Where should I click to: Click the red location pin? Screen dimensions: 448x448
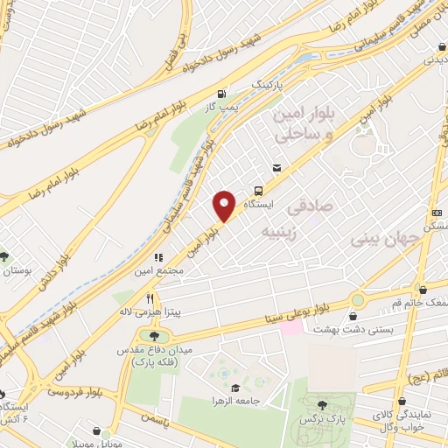tap(225, 205)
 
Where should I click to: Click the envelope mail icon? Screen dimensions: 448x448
tap(277, 168)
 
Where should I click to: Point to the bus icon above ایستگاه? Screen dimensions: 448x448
tap(259, 190)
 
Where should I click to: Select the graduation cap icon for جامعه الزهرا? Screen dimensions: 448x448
tap(234, 388)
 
